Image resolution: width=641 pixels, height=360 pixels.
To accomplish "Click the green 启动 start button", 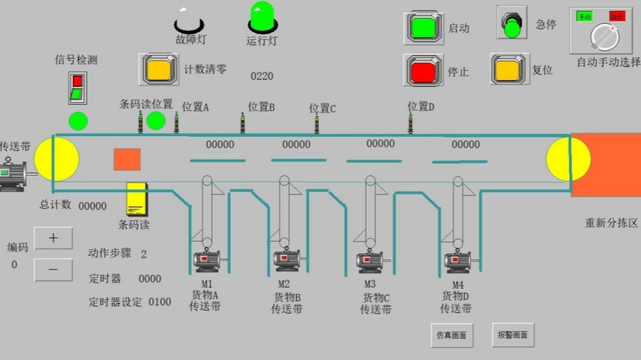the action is (423, 27).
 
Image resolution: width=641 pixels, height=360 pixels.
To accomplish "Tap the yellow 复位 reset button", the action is (509, 69).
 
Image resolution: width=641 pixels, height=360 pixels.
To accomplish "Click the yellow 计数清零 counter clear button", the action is (159, 69).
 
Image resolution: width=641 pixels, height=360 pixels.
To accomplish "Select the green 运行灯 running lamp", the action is (262, 17).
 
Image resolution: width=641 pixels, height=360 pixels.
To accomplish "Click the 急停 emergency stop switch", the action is (512, 23).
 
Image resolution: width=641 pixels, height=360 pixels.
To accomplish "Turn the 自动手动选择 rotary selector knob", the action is (604, 36).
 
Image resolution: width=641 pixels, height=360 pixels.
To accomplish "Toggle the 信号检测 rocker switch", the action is (77, 87).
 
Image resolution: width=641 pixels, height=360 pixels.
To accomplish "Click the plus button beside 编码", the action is (53, 238).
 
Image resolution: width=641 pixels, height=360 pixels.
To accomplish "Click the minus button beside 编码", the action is (53, 270).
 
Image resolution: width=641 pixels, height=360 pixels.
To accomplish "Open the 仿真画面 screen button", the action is (451, 335).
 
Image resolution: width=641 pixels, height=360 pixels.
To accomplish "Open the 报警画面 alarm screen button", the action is (512, 335).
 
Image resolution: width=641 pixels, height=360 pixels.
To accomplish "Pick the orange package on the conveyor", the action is (127, 159).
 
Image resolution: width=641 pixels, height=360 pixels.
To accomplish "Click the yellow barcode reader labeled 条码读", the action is (136, 200).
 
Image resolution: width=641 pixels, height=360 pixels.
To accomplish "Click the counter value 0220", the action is (262, 76).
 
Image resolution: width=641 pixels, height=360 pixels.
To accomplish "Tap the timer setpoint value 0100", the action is (160, 302).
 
